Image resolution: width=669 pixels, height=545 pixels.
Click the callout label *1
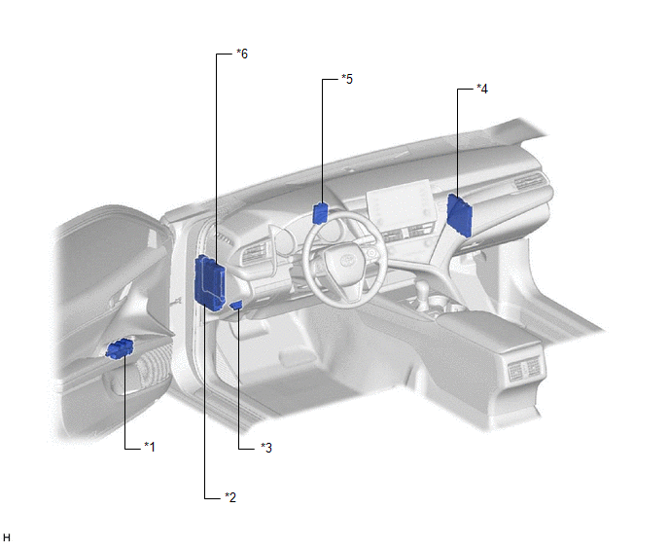(x=150, y=447)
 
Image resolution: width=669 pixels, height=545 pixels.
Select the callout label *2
(x=230, y=497)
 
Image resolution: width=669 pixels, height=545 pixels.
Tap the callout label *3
(x=266, y=448)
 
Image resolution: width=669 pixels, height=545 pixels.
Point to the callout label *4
(x=482, y=89)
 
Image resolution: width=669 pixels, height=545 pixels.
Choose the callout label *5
(x=347, y=79)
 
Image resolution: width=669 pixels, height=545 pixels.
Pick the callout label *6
(x=242, y=54)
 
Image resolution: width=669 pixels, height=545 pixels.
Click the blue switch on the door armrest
(x=120, y=348)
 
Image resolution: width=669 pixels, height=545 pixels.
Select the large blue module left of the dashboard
(x=209, y=283)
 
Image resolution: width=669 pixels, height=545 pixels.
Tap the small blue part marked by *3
(x=236, y=305)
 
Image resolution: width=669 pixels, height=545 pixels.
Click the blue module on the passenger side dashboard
(x=460, y=215)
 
